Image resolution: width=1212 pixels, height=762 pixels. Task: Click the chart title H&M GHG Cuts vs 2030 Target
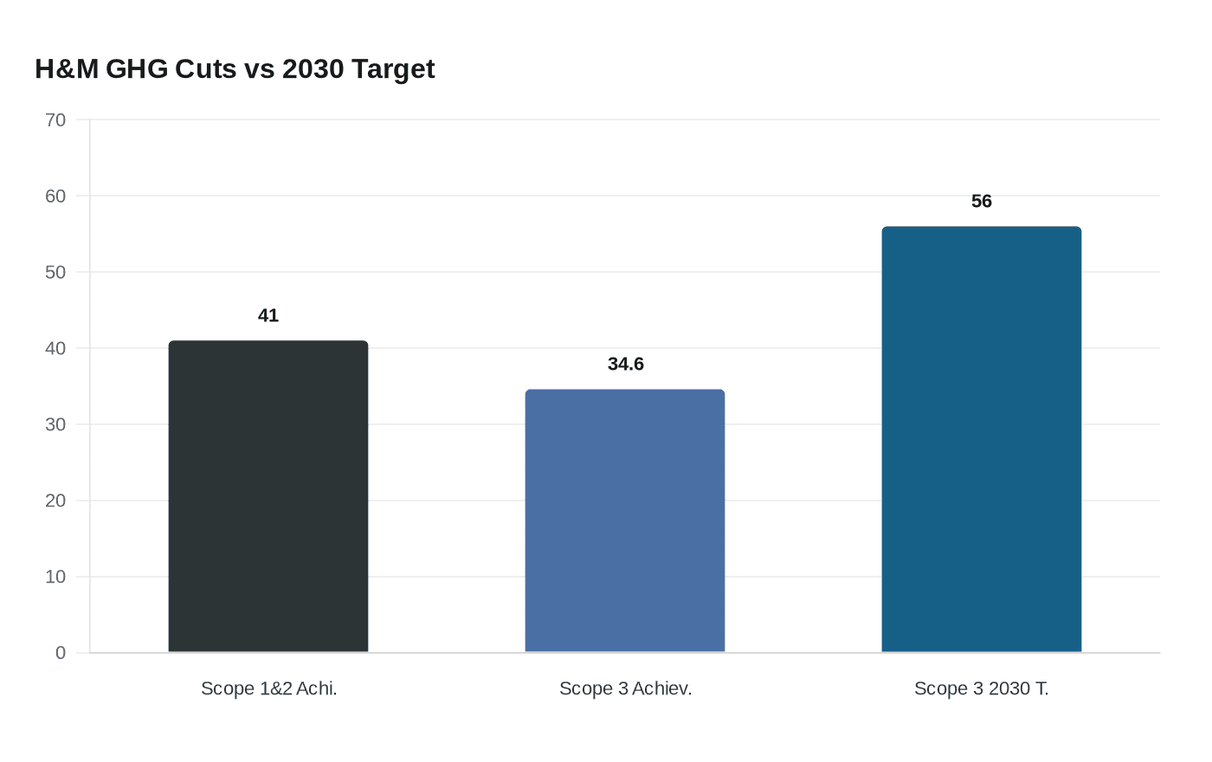[x=235, y=68]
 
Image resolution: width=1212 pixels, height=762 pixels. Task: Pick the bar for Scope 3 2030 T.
[x=982, y=439]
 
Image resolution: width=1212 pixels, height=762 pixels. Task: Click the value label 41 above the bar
[x=268, y=316]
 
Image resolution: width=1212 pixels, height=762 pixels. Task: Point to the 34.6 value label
[x=625, y=365]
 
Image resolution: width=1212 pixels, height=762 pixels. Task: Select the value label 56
[x=982, y=202]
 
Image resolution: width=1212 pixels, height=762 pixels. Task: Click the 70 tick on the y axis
[x=55, y=120]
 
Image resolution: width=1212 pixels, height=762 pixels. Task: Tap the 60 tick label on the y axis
[x=55, y=197]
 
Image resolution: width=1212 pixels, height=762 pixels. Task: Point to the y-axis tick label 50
[x=55, y=273]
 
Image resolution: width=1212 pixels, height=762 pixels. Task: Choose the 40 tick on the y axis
[x=55, y=349]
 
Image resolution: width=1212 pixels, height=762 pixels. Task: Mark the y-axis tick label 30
[x=55, y=425]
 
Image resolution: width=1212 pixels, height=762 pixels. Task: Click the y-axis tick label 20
[x=55, y=501]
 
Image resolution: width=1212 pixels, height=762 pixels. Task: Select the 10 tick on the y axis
[x=55, y=578]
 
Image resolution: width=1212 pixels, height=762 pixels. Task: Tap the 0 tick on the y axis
[x=61, y=654]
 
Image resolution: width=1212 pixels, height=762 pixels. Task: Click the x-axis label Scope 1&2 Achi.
[x=268, y=689]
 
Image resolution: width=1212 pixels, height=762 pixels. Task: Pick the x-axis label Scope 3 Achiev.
[x=625, y=689]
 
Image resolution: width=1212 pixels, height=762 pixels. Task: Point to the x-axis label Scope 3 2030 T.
[x=982, y=689]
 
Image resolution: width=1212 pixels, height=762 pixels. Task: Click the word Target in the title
[x=393, y=68]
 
